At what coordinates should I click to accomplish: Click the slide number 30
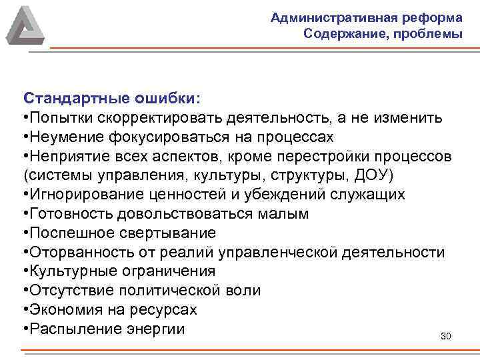[446, 335]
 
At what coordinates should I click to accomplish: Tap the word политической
[175, 291]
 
